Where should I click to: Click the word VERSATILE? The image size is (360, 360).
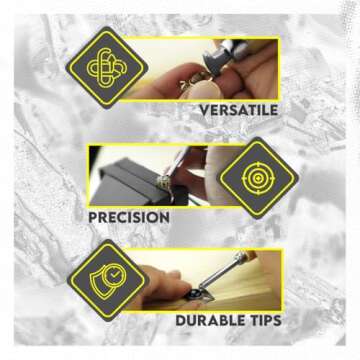239,110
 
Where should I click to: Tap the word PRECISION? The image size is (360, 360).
129,218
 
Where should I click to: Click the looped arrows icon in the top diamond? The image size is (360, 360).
107,68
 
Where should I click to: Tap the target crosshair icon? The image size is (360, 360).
258,178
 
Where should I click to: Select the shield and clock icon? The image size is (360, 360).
107,280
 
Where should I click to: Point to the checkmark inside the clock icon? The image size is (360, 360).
115,274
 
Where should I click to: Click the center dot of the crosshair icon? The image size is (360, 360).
258,178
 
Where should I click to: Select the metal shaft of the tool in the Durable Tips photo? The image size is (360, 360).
221,272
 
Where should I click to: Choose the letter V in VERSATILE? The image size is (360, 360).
205,110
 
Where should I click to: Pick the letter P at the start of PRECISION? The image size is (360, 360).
93,218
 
